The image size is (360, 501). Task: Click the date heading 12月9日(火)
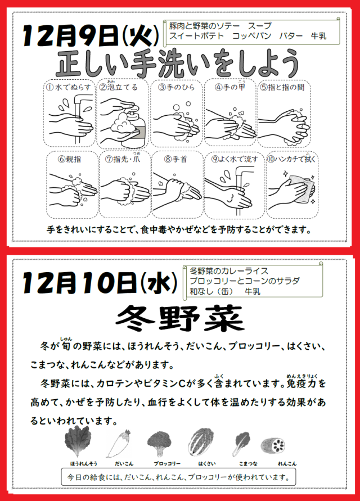[x=91, y=36]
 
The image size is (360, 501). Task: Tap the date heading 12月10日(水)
[x=100, y=282]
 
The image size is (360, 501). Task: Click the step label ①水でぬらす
[x=69, y=87]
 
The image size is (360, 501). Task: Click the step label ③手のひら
[x=176, y=87]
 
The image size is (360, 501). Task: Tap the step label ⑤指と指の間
[x=282, y=87]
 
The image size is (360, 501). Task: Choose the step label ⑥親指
[x=69, y=159]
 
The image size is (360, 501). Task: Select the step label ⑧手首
[x=175, y=159]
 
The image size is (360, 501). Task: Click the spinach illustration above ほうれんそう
[x=78, y=441]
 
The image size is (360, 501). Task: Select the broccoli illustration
[x=160, y=443]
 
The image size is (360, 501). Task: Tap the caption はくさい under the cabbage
[x=207, y=464]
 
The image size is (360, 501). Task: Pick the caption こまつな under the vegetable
[x=247, y=464]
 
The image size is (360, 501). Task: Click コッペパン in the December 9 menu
[x=251, y=36]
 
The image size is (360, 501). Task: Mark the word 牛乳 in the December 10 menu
[x=253, y=291]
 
